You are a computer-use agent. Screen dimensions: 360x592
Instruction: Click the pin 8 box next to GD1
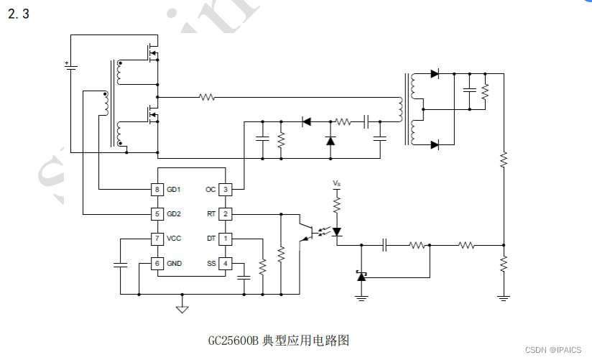157,190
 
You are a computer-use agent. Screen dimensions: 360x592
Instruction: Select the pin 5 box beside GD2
157,213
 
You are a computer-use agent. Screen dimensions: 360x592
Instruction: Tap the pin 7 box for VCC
157,238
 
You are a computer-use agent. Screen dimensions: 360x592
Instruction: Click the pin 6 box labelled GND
157,264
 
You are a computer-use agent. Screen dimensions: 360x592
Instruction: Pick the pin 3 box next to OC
225,190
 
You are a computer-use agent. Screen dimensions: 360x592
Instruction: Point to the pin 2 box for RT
225,213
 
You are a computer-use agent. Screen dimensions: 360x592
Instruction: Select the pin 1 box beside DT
225,238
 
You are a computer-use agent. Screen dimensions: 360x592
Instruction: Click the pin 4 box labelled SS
225,264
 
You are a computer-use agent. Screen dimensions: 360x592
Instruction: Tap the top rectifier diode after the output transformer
435,73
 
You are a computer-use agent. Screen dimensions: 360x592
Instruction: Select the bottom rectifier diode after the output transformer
435,145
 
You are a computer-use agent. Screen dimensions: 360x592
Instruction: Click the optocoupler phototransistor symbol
307,232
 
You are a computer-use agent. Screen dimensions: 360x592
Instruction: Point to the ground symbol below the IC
182,308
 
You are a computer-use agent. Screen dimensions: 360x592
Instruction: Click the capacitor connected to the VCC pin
119,265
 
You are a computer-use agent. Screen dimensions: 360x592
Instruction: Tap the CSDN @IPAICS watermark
553,350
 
